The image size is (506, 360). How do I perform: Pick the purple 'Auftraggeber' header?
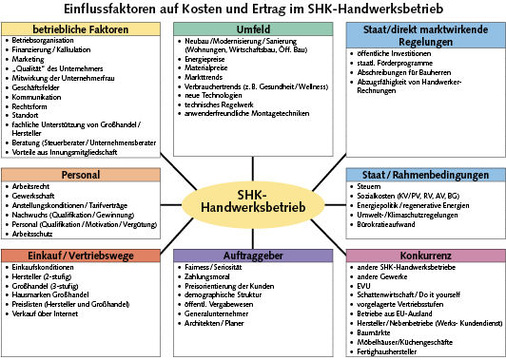[x=250, y=255]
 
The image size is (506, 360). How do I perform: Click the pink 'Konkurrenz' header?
[x=424, y=255]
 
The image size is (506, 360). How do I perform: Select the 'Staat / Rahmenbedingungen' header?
[x=424, y=173]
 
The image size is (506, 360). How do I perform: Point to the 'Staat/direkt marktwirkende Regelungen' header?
[x=424, y=37]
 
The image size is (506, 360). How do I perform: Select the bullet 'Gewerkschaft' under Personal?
[x=40, y=195]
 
